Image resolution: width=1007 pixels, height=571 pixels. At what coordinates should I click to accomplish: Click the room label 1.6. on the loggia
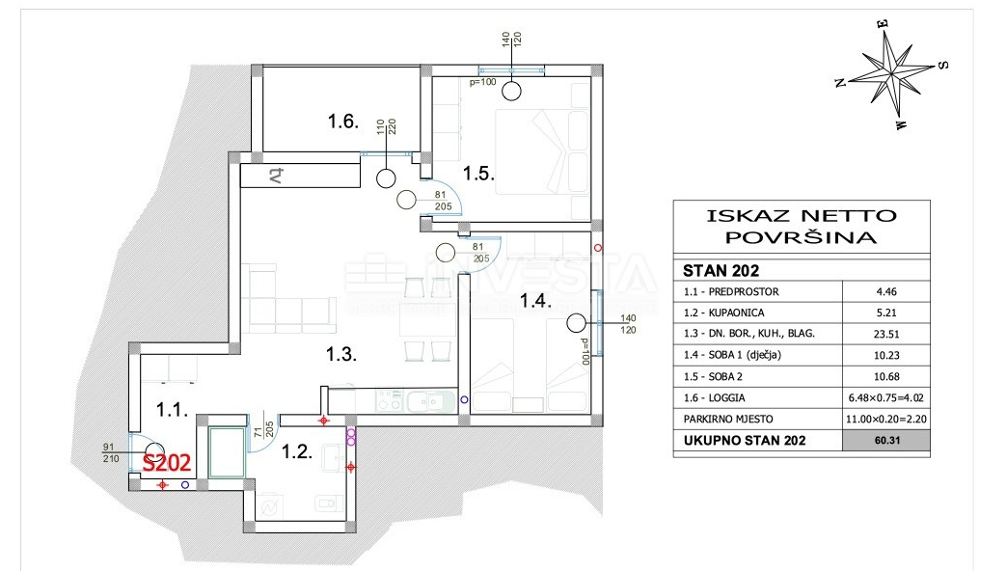pyautogui.click(x=343, y=122)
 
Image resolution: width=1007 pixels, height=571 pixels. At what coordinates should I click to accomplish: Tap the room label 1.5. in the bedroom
pyautogui.click(x=477, y=174)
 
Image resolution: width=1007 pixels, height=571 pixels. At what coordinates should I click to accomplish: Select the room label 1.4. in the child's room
pyautogui.click(x=535, y=301)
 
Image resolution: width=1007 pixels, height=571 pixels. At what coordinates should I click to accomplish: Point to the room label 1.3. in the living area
pyautogui.click(x=340, y=354)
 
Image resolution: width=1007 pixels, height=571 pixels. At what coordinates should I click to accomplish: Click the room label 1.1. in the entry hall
pyautogui.click(x=174, y=411)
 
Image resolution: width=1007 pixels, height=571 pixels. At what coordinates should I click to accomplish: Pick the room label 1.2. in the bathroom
pyautogui.click(x=297, y=449)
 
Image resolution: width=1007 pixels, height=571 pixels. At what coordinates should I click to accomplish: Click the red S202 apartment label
pyautogui.click(x=168, y=463)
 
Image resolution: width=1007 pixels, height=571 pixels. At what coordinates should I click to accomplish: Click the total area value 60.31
pyautogui.click(x=886, y=441)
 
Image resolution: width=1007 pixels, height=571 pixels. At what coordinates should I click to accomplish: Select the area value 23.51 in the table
pyautogui.click(x=886, y=334)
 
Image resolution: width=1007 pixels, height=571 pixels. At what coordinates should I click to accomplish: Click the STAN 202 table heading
pyautogui.click(x=721, y=271)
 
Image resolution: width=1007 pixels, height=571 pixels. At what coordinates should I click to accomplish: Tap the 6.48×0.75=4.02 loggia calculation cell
pyautogui.click(x=886, y=398)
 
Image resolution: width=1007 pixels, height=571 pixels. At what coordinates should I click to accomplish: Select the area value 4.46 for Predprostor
pyautogui.click(x=886, y=291)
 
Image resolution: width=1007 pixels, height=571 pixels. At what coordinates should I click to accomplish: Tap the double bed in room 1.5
pyautogui.click(x=540, y=151)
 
